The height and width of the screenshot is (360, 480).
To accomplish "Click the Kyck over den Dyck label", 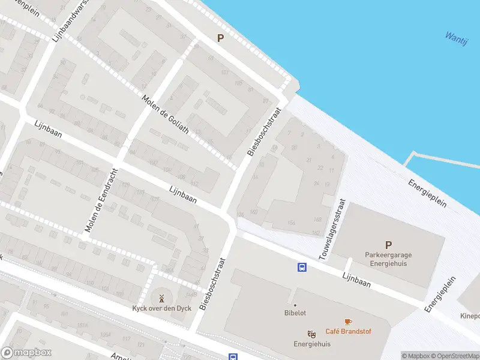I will tap(161, 308).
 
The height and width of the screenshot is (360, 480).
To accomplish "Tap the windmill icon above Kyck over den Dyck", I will tap(161, 298).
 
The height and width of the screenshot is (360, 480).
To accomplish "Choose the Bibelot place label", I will tap(295, 313).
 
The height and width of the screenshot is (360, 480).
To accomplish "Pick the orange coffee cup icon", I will tap(347, 322).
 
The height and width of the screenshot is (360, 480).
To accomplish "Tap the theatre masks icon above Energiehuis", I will tap(311, 334).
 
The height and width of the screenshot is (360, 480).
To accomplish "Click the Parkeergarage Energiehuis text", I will tap(388, 259).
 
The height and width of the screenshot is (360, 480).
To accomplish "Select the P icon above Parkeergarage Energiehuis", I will tap(388, 245).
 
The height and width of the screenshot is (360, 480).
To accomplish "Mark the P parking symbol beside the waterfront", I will tap(220, 38).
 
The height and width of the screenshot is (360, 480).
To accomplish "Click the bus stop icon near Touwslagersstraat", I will tap(302, 268).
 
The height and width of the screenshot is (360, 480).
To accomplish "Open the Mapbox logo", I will tap(26, 353).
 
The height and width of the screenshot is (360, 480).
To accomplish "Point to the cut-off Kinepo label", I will tap(469, 316).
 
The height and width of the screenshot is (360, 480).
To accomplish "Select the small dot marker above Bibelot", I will tap(295, 305).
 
